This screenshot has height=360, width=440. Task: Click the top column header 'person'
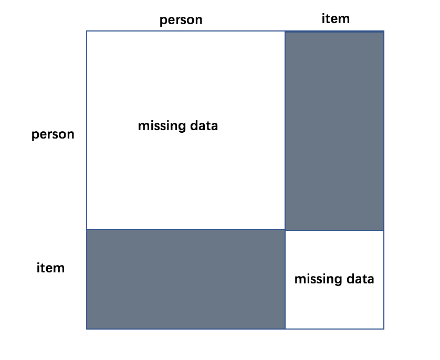tap(181, 20)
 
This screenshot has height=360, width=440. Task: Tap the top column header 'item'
tap(336, 19)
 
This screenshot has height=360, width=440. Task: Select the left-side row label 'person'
tap(53, 134)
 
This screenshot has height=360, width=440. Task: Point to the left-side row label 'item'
tap(50, 268)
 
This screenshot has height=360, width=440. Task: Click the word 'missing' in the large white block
tap(162, 126)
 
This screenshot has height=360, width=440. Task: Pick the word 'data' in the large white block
tap(204, 125)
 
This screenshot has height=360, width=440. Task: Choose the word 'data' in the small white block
tap(360, 279)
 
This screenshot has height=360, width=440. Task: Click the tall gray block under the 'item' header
tap(334, 131)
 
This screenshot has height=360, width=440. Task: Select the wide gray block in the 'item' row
tap(186, 279)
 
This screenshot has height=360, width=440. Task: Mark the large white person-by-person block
tap(186, 130)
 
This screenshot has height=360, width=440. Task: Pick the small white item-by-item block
tap(334, 280)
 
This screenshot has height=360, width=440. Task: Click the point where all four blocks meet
tap(285, 230)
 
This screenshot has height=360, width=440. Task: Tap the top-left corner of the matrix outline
tap(87, 31)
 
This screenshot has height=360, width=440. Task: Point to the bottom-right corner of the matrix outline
tap(384, 329)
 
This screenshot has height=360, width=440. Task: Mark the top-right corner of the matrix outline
tap(384, 31)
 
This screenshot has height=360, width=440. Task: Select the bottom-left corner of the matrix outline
tap(87, 329)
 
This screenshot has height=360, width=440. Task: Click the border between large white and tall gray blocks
tap(285, 130)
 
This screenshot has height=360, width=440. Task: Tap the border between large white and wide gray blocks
tap(186, 229)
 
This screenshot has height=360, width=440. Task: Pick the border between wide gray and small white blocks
tap(285, 279)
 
